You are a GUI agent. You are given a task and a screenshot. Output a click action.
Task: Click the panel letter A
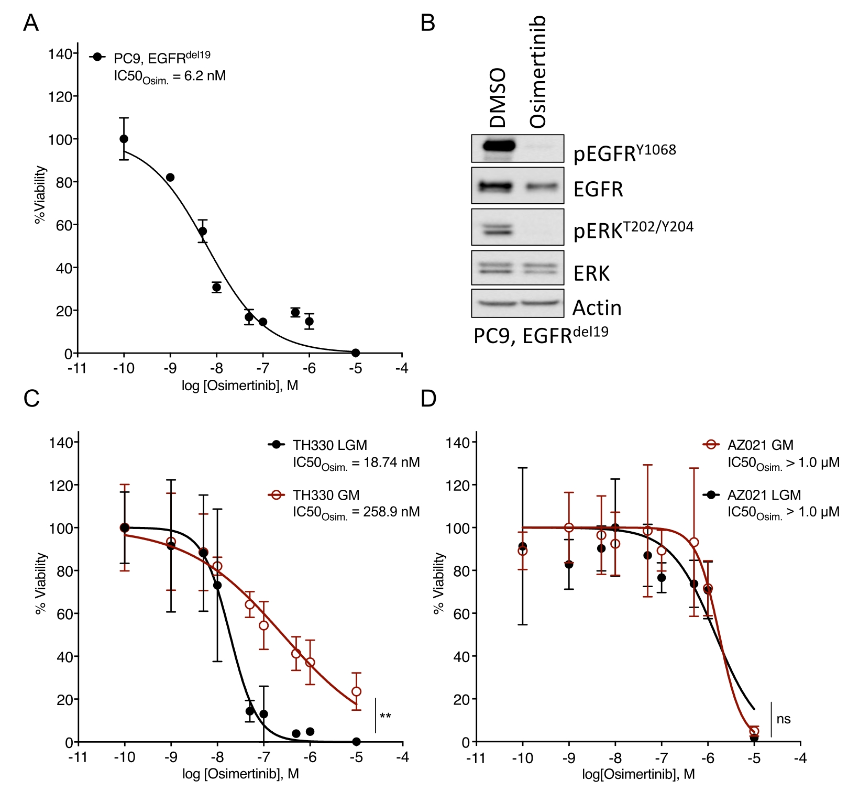[31, 23]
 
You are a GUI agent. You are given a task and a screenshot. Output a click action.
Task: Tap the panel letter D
[428, 399]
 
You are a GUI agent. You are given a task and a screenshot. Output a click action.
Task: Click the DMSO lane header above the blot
[497, 98]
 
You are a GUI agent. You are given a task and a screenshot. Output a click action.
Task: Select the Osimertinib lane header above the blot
[538, 72]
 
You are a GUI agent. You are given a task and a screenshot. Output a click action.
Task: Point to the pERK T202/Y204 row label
[633, 229]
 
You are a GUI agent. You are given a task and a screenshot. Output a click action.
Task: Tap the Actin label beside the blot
[597, 307]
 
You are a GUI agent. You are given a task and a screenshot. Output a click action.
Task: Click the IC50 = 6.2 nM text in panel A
[170, 76]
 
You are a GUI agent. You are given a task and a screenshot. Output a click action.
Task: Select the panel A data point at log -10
[124, 139]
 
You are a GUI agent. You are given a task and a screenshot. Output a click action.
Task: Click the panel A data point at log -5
[356, 353]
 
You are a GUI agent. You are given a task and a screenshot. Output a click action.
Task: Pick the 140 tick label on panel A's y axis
[60, 54]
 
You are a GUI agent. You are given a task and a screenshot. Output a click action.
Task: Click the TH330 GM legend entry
[326, 495]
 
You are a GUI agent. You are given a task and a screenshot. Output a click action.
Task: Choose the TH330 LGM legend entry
[329, 445]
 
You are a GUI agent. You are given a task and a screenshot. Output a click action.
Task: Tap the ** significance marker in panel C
[386, 716]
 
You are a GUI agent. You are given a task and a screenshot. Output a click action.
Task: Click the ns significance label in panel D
[784, 719]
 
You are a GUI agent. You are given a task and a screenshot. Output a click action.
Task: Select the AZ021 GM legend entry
[760, 445]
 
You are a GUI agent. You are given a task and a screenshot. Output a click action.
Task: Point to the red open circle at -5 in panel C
[357, 691]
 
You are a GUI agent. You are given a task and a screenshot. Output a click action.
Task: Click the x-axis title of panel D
[638, 774]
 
